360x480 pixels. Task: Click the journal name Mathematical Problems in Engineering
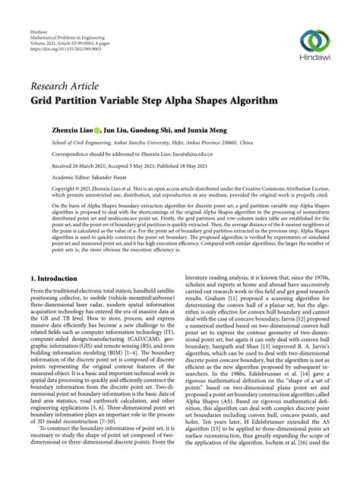click(x=65, y=21)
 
